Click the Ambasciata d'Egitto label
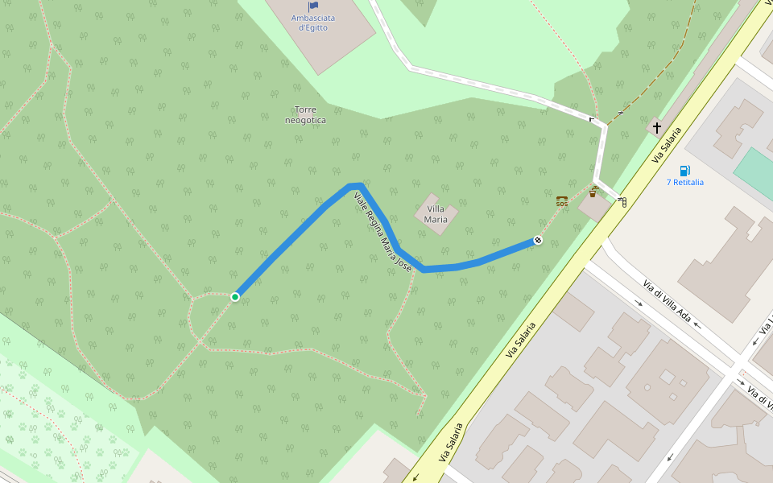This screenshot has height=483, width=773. (x=313, y=23)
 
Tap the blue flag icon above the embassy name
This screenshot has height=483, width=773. (x=313, y=6)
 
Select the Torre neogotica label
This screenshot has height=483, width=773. (x=305, y=114)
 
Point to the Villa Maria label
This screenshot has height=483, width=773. (x=436, y=214)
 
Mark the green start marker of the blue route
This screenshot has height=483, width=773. (x=235, y=297)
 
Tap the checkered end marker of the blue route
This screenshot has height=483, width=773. (x=538, y=240)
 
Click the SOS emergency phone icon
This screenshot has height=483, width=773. (x=562, y=201)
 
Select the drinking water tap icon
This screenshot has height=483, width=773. (x=593, y=192)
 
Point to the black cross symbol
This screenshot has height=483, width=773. (x=657, y=127)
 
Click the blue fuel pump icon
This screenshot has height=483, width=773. (x=684, y=170)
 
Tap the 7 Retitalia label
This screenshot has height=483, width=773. (x=684, y=182)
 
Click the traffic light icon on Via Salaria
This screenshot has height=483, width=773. (x=622, y=201)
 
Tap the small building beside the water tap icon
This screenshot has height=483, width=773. (x=594, y=207)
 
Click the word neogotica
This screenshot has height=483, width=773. (x=305, y=120)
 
